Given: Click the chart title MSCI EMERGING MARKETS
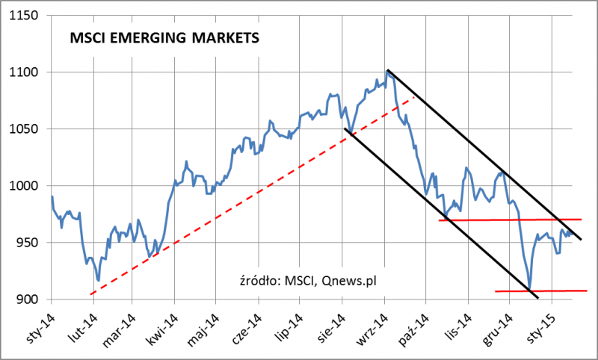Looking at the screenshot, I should point(164,38).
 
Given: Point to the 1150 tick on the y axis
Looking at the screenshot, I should point(24,15).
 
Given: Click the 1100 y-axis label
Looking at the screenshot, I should point(24,72).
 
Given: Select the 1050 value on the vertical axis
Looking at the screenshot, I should point(24,129).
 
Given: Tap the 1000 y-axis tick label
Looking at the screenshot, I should point(24,186).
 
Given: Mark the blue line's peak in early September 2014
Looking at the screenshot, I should point(387,71).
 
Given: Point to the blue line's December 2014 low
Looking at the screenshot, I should point(529,290).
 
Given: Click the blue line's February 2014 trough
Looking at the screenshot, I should point(98,281).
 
